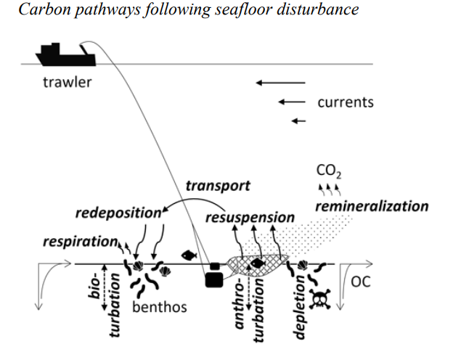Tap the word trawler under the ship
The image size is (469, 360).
pos(68,82)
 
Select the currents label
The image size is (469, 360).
pos(345,102)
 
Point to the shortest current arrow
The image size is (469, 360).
pos(298,120)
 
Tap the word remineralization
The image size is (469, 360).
pos(371,206)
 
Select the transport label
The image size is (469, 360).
pos(217,186)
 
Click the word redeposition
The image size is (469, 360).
pos(117,213)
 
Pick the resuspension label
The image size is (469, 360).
pos(250,217)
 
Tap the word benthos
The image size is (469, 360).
pos(159,307)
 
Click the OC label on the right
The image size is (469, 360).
pos(360,281)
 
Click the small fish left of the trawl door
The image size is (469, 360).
pos(189,255)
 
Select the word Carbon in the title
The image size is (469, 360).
pos(39,10)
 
